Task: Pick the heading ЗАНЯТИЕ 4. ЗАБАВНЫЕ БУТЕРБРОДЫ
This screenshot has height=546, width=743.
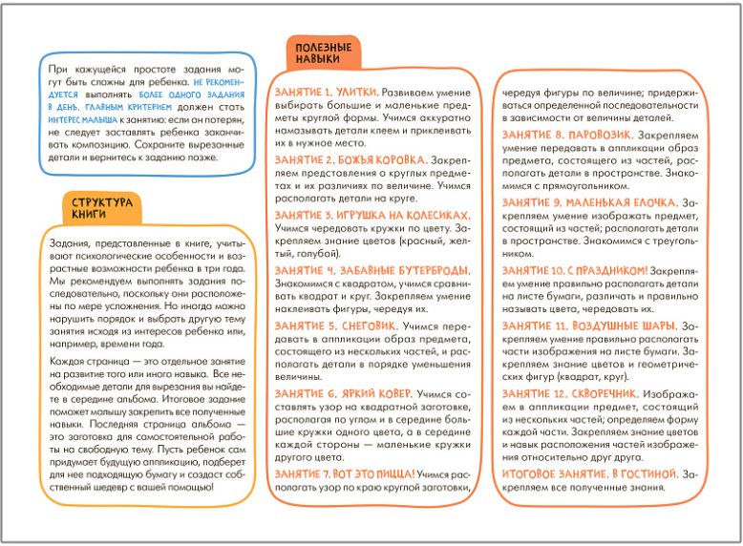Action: click(371, 270)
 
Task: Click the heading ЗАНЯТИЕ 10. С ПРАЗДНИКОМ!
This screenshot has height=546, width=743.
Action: click(575, 271)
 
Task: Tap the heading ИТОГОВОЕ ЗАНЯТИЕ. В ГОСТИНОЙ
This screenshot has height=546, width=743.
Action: click(588, 474)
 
